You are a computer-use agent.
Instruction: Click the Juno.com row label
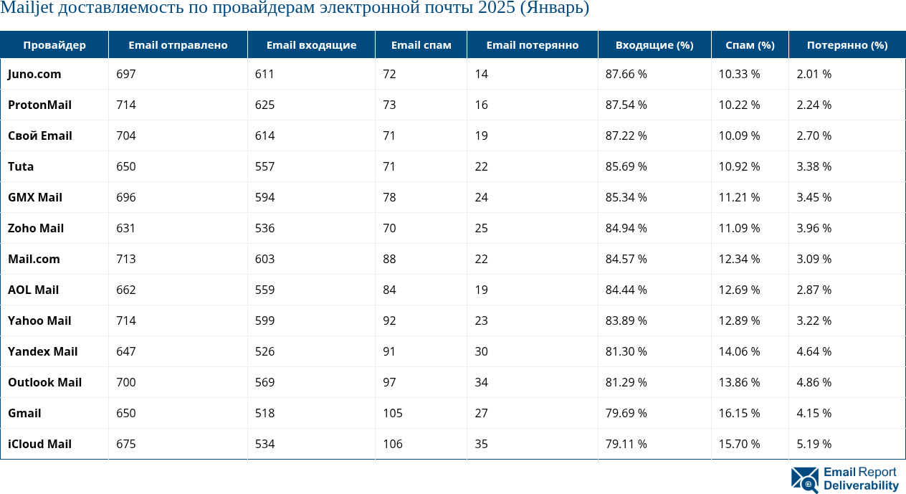tap(34, 74)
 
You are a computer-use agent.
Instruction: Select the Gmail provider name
tap(24, 413)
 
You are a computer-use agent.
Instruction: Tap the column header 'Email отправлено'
tap(178, 45)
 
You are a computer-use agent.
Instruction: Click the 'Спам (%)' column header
tap(750, 45)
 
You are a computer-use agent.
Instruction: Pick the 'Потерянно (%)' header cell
tap(847, 45)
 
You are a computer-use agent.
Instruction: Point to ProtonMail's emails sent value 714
tap(126, 105)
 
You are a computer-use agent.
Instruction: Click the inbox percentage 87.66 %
tap(626, 74)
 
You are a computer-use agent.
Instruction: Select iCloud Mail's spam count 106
tap(393, 444)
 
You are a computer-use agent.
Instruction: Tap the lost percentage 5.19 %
tap(814, 444)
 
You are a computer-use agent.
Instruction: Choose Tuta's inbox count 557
tap(264, 166)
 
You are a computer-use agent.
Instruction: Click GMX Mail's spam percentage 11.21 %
tap(739, 197)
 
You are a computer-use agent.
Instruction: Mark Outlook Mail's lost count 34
tap(481, 382)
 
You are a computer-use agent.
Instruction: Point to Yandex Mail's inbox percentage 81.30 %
tap(626, 351)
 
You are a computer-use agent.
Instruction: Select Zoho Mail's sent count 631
tap(126, 228)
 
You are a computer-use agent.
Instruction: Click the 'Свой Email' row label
tap(40, 136)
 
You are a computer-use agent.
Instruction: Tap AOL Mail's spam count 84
tap(389, 290)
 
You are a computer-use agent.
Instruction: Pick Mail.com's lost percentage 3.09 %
tap(814, 259)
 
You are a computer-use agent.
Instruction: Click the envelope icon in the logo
tap(804, 480)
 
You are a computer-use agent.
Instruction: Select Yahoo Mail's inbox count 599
tap(264, 320)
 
